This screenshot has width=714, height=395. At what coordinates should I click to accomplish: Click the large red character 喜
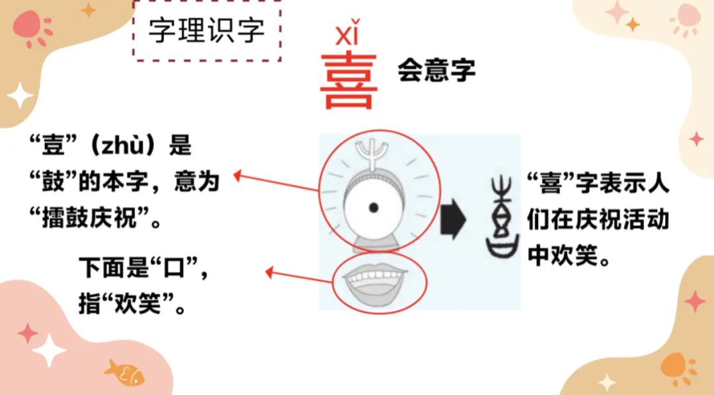tap(348, 82)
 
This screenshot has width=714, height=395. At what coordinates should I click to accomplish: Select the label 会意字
tap(436, 70)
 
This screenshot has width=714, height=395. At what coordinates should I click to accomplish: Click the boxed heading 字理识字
tap(206, 31)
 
